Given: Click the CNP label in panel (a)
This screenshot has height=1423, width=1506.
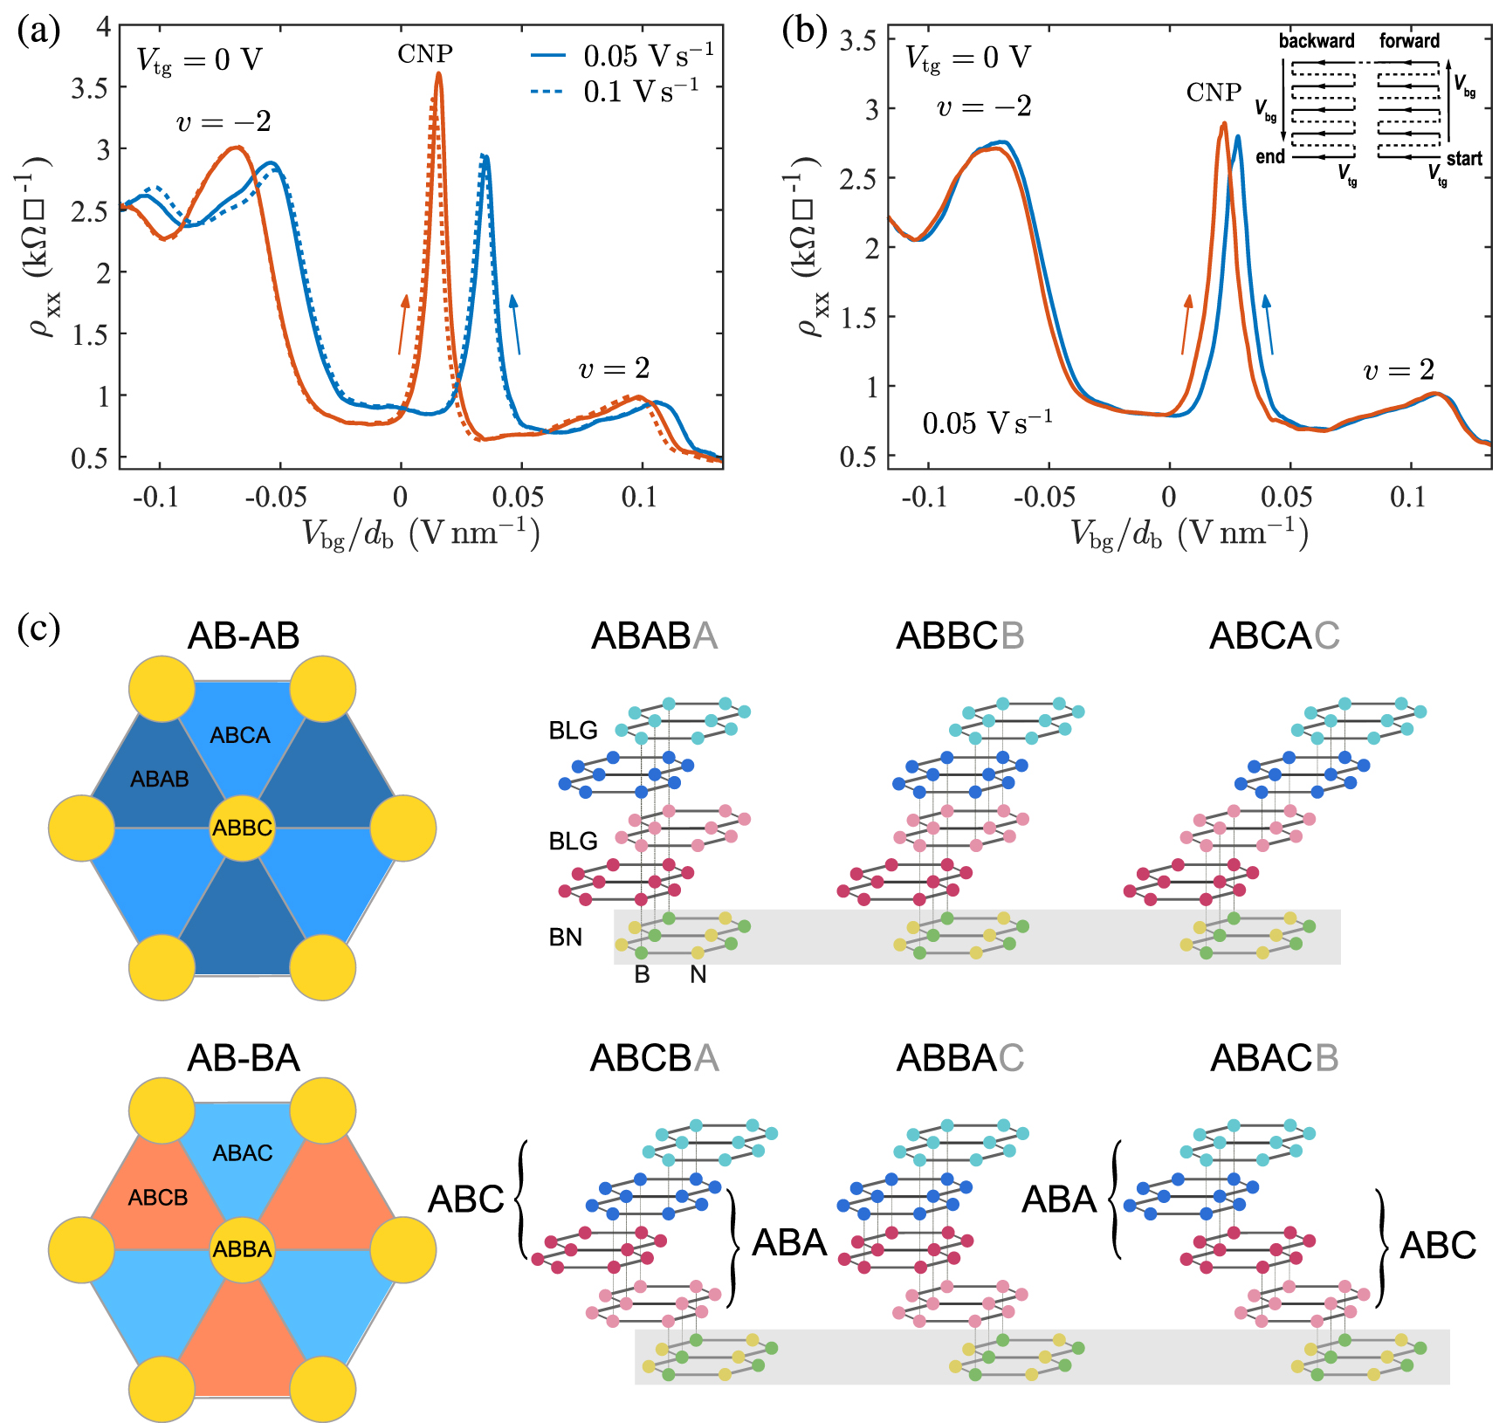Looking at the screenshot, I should click(x=425, y=54).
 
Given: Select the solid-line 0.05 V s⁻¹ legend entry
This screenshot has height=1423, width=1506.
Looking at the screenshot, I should click(x=622, y=56).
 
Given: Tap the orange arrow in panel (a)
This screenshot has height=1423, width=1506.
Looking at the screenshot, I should click(x=403, y=324).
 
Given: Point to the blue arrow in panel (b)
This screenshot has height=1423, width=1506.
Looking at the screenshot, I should click(x=1269, y=324).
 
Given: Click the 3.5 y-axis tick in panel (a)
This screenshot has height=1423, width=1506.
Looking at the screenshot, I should click(x=91, y=88).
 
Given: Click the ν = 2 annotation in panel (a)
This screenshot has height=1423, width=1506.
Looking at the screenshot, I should click(x=615, y=369).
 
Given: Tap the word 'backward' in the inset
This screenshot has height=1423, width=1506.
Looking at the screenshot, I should click(x=1317, y=41).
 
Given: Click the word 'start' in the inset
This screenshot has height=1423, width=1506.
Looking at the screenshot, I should click(x=1464, y=159).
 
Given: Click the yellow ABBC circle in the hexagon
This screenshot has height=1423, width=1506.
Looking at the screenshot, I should click(x=243, y=828).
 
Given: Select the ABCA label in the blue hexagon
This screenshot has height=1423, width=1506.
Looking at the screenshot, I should click(x=240, y=735).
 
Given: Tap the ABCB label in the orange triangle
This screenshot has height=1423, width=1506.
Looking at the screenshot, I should click(x=158, y=1198).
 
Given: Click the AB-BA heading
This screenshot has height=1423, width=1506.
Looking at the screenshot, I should click(x=244, y=1058).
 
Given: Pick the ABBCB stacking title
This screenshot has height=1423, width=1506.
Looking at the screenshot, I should click(x=959, y=636).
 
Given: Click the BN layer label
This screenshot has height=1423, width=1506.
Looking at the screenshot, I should click(x=566, y=938).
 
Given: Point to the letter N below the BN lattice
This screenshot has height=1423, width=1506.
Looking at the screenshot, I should click(x=698, y=974).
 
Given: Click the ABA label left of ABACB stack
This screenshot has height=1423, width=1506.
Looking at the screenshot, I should click(x=1058, y=1200).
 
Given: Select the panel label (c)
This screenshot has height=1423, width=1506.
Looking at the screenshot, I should click(x=38, y=629).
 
